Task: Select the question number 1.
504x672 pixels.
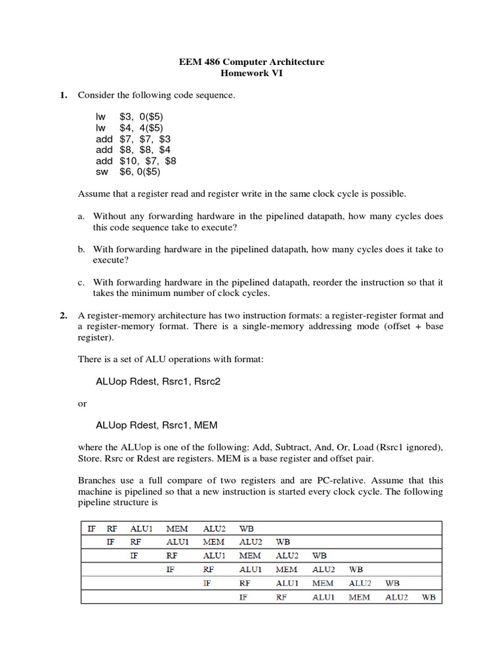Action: [x=64, y=95]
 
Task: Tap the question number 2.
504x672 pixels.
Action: [x=64, y=315]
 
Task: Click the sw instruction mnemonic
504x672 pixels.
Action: [x=102, y=172]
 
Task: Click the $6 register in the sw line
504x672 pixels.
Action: [x=125, y=172]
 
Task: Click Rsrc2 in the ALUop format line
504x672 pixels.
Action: [x=205, y=381]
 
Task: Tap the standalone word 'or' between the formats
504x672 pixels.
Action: [x=82, y=404]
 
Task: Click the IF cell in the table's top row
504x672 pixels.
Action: [x=92, y=527]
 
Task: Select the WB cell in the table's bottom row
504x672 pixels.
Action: [x=429, y=597]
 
